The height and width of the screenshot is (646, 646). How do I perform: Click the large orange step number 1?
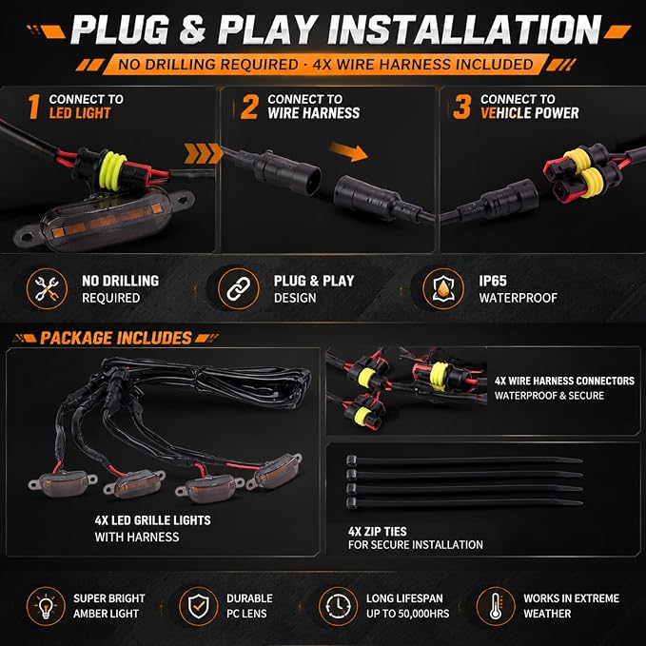(34, 107)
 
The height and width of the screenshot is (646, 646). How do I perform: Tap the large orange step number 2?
(249, 107)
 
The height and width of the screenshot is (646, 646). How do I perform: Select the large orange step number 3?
(461, 107)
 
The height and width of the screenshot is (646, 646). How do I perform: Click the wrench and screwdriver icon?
(47, 288)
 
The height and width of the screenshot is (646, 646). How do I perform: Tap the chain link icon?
(239, 288)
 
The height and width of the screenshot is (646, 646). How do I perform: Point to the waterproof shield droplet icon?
(443, 288)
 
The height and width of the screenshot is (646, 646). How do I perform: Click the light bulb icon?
(46, 606)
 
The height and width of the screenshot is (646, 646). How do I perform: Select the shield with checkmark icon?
(199, 606)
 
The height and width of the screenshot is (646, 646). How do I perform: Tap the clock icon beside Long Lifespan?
(338, 606)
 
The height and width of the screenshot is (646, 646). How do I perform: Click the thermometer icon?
(496, 606)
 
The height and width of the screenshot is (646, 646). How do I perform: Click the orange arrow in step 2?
(348, 151)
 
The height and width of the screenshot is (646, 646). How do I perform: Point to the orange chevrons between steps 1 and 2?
(203, 154)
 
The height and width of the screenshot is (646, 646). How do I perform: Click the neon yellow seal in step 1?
(113, 171)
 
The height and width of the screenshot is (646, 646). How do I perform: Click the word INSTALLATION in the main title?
(464, 29)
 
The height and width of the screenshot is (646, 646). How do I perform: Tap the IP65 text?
(493, 281)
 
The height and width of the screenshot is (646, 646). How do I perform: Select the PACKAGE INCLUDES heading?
(116, 339)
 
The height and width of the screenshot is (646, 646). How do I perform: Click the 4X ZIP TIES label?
(378, 532)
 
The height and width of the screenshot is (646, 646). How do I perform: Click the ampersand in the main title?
(192, 30)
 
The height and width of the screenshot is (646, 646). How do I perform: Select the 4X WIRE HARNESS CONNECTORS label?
(564, 381)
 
